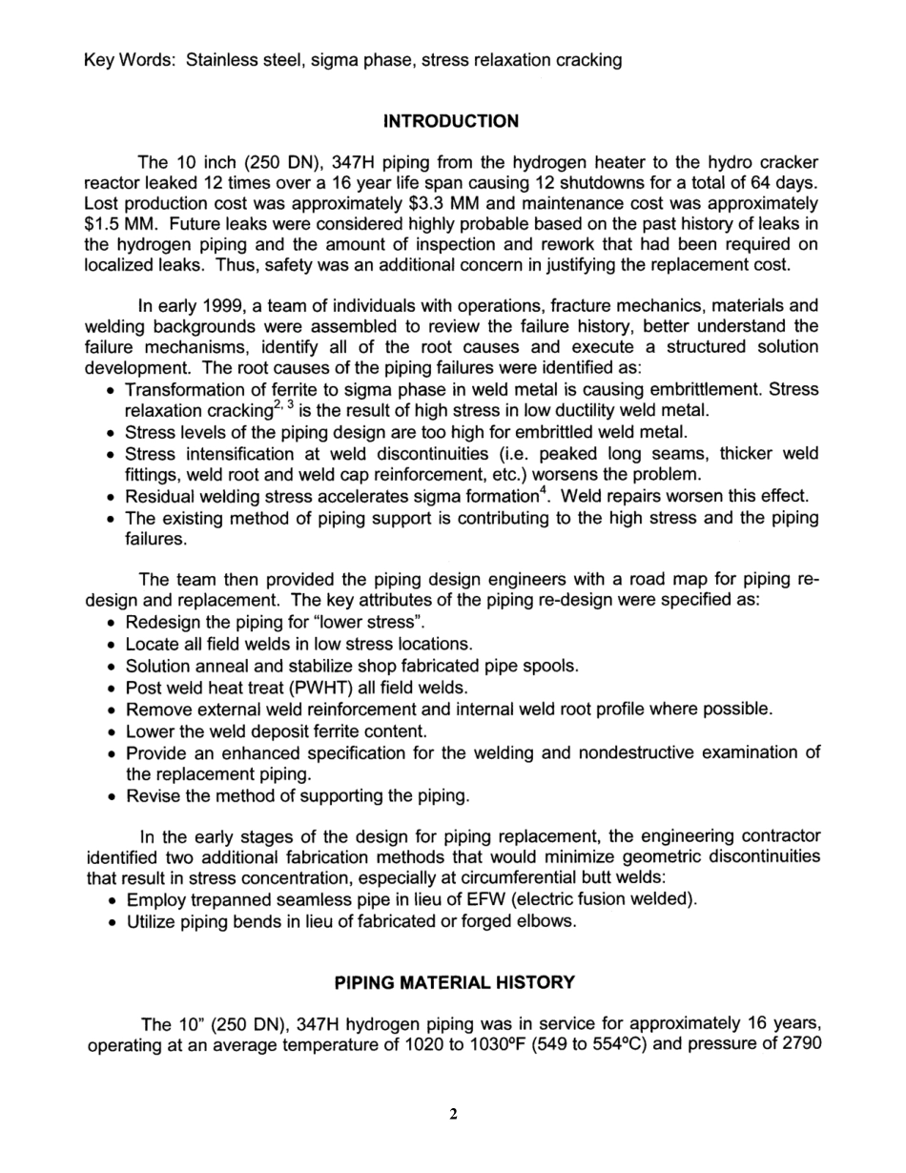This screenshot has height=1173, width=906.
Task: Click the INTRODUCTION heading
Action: pos(451,121)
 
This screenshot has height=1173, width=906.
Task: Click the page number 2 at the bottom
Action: pos(454,1115)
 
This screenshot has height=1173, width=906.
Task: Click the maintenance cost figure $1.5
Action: pos(103,224)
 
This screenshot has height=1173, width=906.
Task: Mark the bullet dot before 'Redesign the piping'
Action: pos(113,624)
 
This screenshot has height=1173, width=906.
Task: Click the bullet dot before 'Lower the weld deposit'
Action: pos(113,732)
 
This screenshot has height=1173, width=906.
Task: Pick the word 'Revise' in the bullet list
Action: pos(151,795)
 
